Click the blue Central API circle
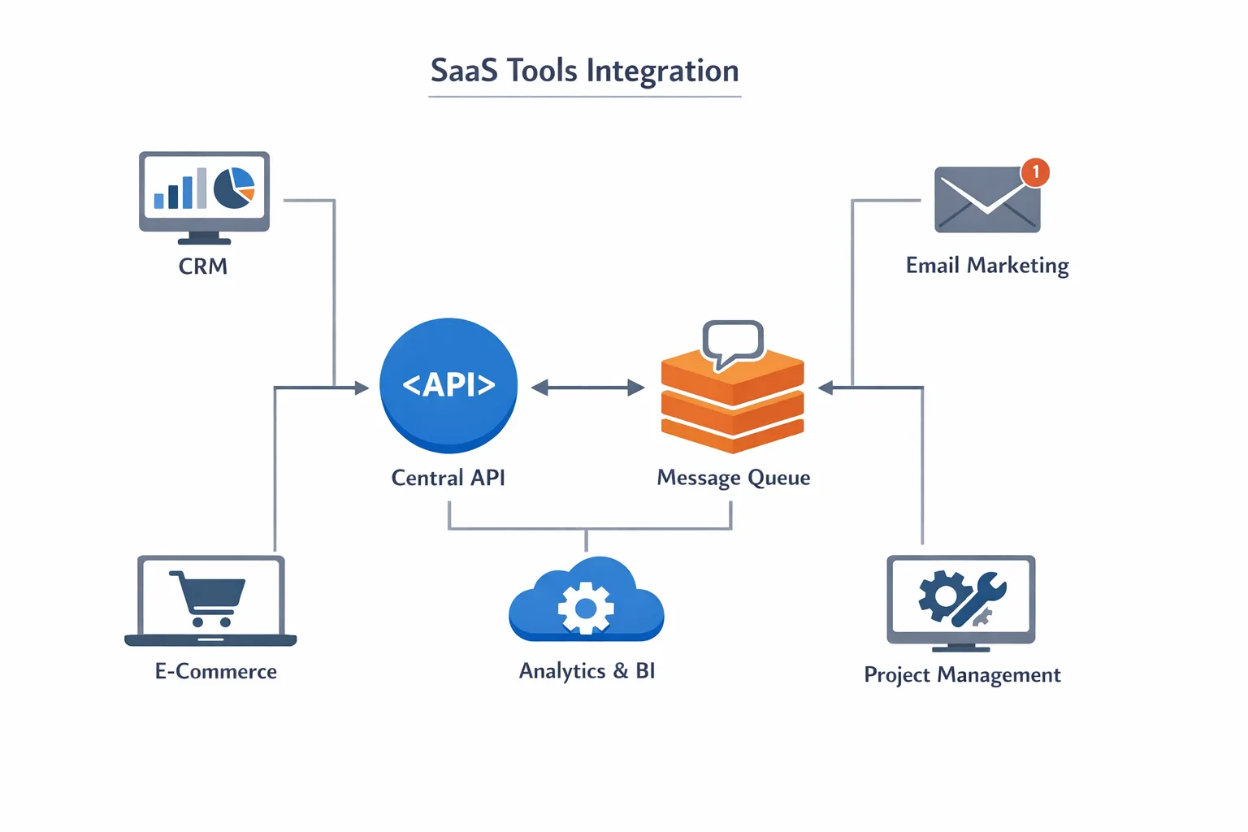[x=448, y=384]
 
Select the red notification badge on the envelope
[x=1035, y=172]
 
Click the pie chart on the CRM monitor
[x=234, y=188]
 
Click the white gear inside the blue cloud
[x=586, y=608]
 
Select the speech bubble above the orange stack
[x=733, y=341]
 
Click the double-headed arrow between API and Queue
[x=587, y=388]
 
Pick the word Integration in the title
[x=662, y=71]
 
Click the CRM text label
[x=203, y=266]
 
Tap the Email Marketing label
[x=987, y=266]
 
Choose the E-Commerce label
[x=216, y=671]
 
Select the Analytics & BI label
[x=587, y=671]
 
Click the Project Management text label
[x=962, y=675]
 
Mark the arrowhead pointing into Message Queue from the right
[x=825, y=388]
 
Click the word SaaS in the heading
[x=463, y=71]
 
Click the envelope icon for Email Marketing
[x=986, y=200]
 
